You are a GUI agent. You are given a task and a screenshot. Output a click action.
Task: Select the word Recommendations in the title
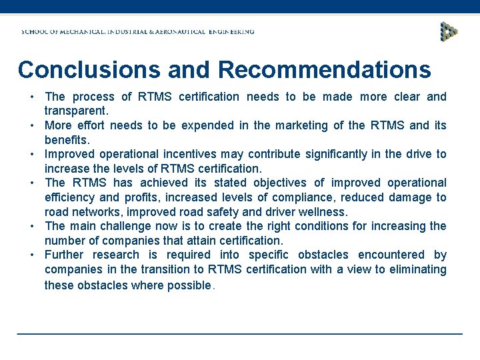click(x=324, y=69)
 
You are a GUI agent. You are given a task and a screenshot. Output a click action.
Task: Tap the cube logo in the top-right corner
click(x=449, y=31)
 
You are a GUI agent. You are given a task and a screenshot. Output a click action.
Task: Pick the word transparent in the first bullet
click(x=76, y=111)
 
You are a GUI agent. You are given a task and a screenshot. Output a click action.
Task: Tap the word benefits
click(x=66, y=140)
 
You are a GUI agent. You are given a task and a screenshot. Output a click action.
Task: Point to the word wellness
click(x=323, y=212)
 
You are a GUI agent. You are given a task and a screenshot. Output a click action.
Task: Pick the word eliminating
click(x=414, y=269)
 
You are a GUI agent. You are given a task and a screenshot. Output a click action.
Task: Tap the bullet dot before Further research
click(x=32, y=255)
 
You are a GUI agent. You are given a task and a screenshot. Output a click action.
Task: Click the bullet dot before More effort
click(x=32, y=125)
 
